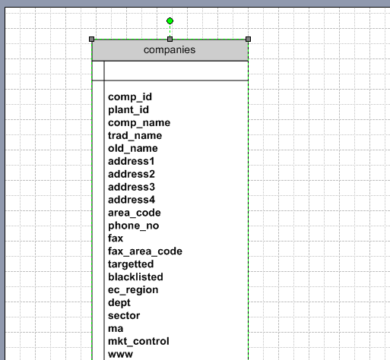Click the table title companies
coord(170,50)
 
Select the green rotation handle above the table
coord(170,21)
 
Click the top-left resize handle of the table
coord(92,39)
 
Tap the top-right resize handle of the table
coord(248,39)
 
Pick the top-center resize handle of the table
coord(170,39)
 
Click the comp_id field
coord(130,97)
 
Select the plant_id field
coord(128,110)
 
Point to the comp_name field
coord(139,123)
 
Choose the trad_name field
coord(135,136)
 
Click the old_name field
coord(133,148)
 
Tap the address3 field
coord(132,187)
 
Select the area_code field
coord(135,213)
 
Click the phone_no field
coord(134,226)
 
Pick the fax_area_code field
coord(145,251)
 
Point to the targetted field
coord(131,264)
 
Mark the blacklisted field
coord(135,277)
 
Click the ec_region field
coord(133,290)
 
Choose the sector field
coord(124,316)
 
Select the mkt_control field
coord(138,342)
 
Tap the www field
coord(120,355)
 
